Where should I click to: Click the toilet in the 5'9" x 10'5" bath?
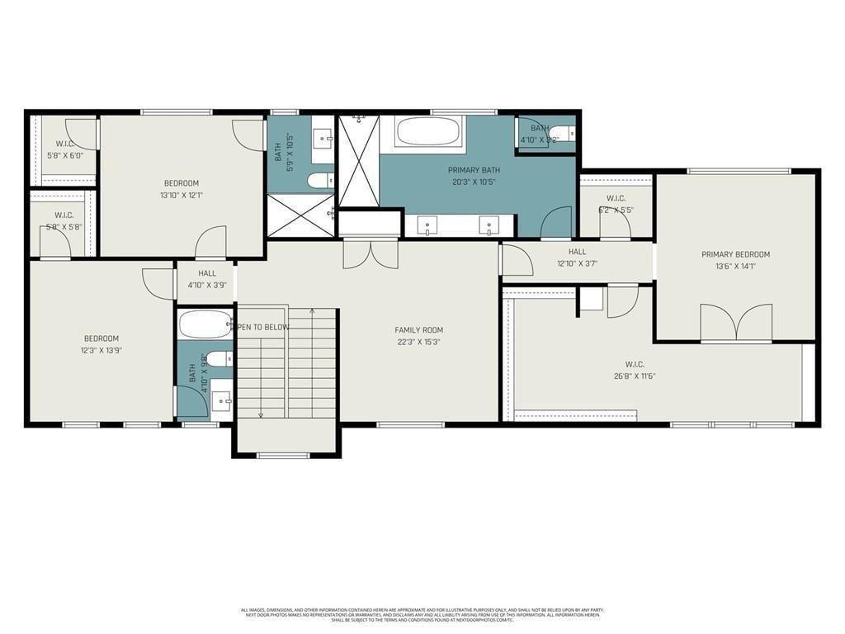click(319, 181)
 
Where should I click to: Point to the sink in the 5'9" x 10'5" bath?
click(322, 135)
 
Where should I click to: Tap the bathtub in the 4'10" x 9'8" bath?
click(204, 325)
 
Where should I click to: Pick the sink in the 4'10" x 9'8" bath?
click(220, 401)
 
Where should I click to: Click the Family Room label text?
click(419, 330)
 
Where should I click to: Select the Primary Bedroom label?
click(735, 254)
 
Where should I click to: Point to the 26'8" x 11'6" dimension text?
click(634, 376)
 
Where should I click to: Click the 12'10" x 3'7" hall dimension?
click(577, 264)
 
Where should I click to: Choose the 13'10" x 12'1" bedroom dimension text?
click(181, 196)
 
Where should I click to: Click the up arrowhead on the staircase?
click(312, 311)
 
